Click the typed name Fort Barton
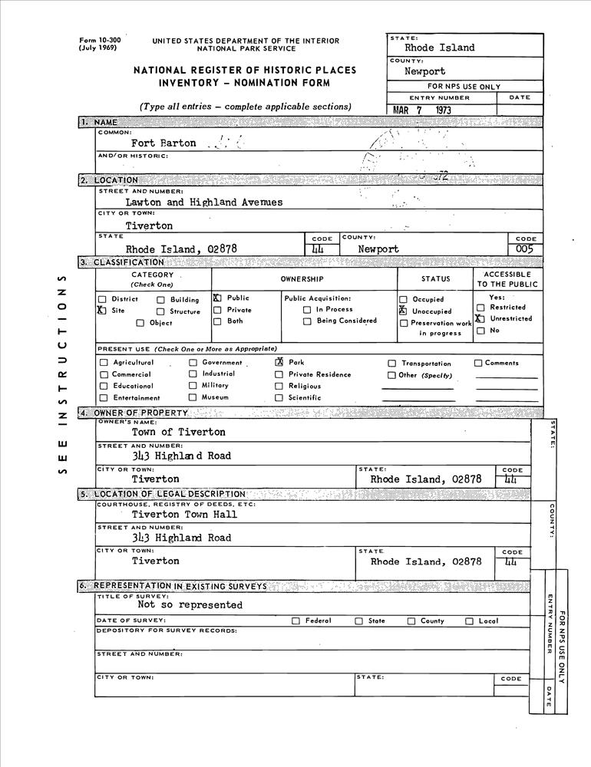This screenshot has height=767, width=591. [x=163, y=143]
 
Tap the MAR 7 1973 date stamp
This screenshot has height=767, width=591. [x=422, y=110]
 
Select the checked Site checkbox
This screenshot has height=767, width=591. [x=102, y=311]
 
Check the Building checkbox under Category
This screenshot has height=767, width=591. [x=161, y=300]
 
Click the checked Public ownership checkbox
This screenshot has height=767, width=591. [x=217, y=298]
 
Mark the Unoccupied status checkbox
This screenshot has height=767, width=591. [x=403, y=311]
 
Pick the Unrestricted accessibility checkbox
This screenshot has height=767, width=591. [x=480, y=318]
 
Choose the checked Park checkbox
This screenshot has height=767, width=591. [x=279, y=363]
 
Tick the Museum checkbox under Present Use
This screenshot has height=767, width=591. [x=193, y=397]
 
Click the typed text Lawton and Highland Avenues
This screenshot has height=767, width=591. [x=203, y=202]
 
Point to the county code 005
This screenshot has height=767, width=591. [x=525, y=249]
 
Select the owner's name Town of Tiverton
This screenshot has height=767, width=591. [x=178, y=432]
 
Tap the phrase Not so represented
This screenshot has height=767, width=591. [x=190, y=604]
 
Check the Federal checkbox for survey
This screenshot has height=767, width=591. [x=295, y=621]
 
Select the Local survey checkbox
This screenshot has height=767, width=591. [x=469, y=621]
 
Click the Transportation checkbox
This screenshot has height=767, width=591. [x=391, y=364]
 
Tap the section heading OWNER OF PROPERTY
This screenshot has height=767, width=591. [x=140, y=413]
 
